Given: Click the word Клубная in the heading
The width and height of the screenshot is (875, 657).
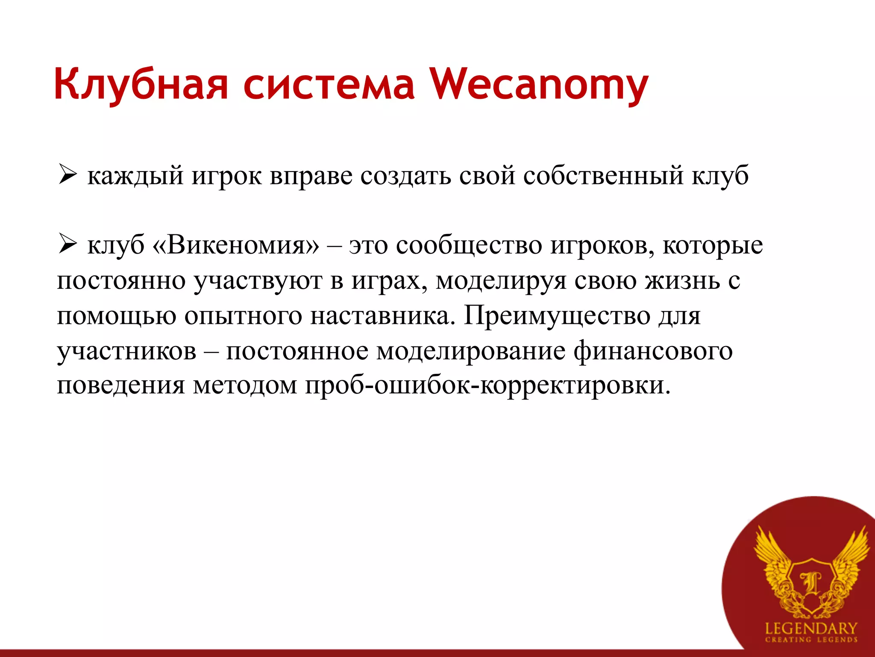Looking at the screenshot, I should tap(141, 85).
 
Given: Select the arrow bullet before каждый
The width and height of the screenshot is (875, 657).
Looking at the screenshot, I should tap(67, 175).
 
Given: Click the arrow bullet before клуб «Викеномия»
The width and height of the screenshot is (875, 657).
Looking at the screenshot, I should tap(67, 246).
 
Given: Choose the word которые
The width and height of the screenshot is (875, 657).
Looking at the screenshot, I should tap(713, 246).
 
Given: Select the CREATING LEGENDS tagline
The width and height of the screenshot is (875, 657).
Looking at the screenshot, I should tap(811, 640).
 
